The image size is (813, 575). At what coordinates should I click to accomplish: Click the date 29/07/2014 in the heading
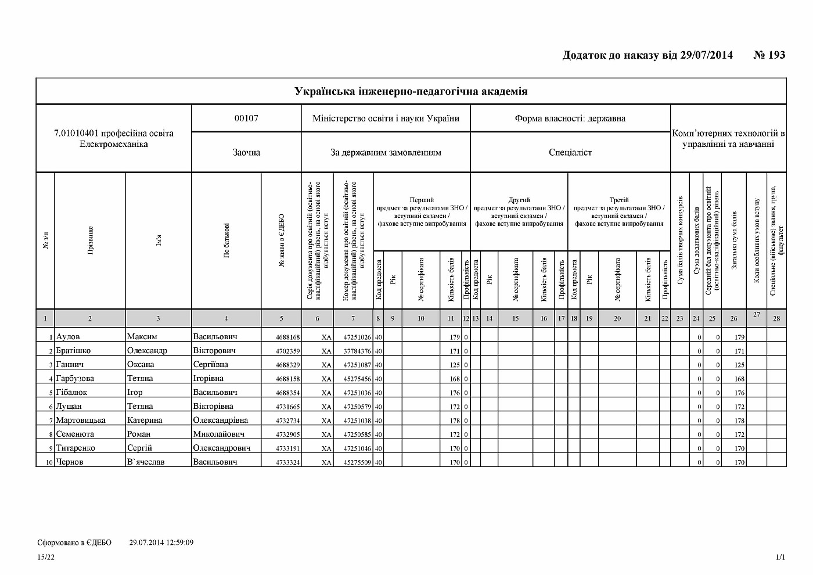click(x=706, y=55)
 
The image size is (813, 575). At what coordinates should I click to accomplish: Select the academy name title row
click(x=411, y=91)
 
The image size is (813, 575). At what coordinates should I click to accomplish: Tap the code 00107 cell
click(x=246, y=118)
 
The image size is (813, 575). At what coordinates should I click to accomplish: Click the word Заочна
click(x=246, y=152)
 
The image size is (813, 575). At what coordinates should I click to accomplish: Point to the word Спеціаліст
click(x=570, y=152)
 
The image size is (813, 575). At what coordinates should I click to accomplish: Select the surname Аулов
click(x=68, y=336)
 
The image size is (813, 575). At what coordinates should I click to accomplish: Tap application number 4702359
click(x=288, y=351)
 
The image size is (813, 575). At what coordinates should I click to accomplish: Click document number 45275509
click(x=357, y=462)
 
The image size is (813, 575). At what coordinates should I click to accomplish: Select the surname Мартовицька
click(x=81, y=420)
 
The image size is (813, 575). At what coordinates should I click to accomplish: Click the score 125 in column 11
click(x=455, y=365)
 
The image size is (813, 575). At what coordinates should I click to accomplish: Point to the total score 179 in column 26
click(x=739, y=337)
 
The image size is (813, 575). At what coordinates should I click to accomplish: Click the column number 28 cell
click(x=776, y=318)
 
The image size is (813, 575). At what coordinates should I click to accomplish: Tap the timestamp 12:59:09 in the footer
click(x=178, y=542)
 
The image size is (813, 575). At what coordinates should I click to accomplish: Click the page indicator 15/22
click(x=46, y=557)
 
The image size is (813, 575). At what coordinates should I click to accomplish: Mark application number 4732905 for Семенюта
click(x=288, y=434)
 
